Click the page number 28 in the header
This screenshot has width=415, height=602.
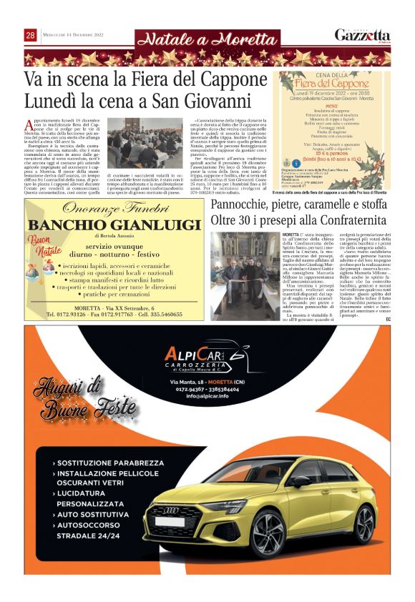tap(31, 36)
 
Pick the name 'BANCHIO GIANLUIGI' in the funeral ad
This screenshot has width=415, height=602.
tap(114, 226)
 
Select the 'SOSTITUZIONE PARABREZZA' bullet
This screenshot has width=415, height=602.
tap(108, 463)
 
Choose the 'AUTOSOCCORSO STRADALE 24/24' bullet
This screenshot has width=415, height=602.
tap(100, 530)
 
